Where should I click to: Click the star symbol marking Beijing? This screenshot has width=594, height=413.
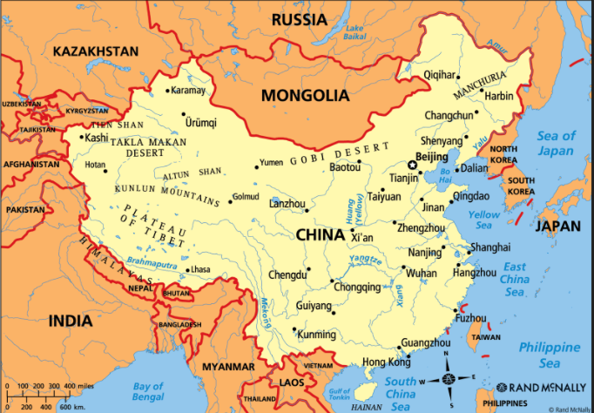pyautogui.click(x=413, y=165)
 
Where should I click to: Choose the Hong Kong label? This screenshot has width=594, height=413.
pyautogui.click(x=386, y=362)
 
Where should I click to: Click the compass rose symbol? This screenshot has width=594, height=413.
pyautogui.click(x=449, y=380)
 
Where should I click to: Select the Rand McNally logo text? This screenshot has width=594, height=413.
pyautogui.click(x=540, y=387)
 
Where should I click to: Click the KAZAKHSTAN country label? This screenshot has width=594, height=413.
pyautogui.click(x=95, y=51)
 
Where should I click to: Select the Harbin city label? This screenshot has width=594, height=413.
pyautogui.click(x=499, y=96)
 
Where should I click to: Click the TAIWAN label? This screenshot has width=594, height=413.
pyautogui.click(x=486, y=336)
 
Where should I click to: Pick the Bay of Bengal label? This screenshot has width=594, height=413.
pyautogui.click(x=147, y=391)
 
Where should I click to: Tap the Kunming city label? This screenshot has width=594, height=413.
pyautogui.click(x=315, y=335)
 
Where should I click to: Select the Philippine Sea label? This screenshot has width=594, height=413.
pyautogui.click(x=550, y=354)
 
